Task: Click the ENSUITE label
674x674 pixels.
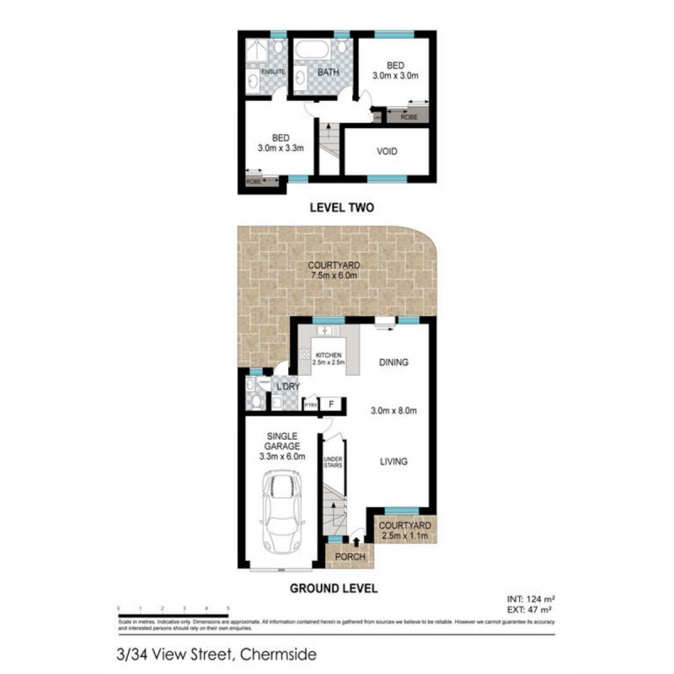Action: (x=273, y=72)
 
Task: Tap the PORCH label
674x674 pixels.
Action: (x=349, y=557)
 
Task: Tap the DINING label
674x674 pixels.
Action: (x=393, y=363)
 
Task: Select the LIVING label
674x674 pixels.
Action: (x=393, y=462)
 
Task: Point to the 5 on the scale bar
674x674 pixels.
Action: (x=228, y=607)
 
